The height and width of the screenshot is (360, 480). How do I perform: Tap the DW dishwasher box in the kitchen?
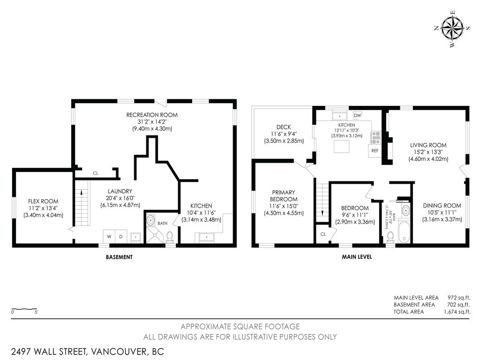(357, 115)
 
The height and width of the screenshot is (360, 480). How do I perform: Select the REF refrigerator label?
(375, 151)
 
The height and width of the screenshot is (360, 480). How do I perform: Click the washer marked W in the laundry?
(109, 237)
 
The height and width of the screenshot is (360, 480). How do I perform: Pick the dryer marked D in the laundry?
(120, 237)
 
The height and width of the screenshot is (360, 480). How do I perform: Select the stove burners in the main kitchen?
(375, 137)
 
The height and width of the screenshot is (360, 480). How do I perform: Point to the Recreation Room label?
(152, 115)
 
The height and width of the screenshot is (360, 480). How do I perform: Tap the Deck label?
(284, 127)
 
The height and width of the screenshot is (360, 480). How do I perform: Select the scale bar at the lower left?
(24, 309)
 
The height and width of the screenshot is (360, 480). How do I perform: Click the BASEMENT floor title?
(119, 257)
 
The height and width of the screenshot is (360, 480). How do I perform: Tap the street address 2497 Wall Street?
(88, 351)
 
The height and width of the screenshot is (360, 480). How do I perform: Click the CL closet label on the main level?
(323, 234)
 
